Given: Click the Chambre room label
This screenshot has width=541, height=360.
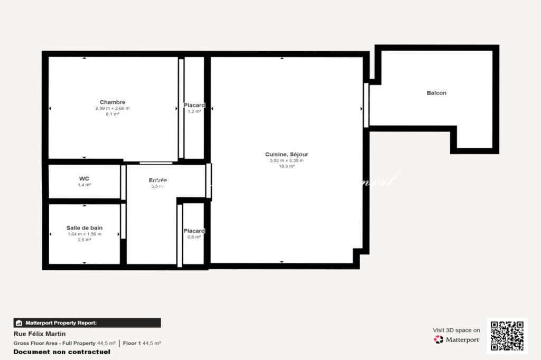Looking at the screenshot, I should coord(113,102).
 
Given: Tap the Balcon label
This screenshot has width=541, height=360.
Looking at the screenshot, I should coord(436,93).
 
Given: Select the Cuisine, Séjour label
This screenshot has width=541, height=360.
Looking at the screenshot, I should coord(286,154).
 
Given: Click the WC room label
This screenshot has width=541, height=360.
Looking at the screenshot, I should coord(85,178).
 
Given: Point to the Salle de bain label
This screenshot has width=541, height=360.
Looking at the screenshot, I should coord(85,228).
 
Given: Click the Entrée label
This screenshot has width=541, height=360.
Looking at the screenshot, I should coord(158,180).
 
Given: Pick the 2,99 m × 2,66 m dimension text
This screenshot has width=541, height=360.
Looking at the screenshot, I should coord(113,108).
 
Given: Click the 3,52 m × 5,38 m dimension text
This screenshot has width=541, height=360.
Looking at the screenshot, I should coord(286,160).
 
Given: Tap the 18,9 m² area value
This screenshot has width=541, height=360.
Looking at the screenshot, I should coord(287,166).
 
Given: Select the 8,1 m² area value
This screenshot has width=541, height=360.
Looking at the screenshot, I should coord(113,114).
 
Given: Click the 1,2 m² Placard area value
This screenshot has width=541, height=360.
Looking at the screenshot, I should coord(194,111).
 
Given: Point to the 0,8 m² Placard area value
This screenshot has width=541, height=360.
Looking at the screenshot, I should coord(194,237).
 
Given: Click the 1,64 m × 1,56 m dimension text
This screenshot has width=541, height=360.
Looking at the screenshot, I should coord(85,234).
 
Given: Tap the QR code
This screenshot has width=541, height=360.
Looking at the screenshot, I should coord(507,336).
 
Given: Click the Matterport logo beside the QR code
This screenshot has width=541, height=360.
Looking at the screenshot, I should coord(457,339).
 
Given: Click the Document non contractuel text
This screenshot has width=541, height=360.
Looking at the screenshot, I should coord(62,352).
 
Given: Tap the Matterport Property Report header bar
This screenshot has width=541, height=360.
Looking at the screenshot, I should coord(87,323).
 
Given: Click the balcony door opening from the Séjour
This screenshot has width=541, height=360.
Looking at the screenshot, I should coord(366,105).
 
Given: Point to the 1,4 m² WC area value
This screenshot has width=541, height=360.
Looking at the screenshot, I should coord(85,185).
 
